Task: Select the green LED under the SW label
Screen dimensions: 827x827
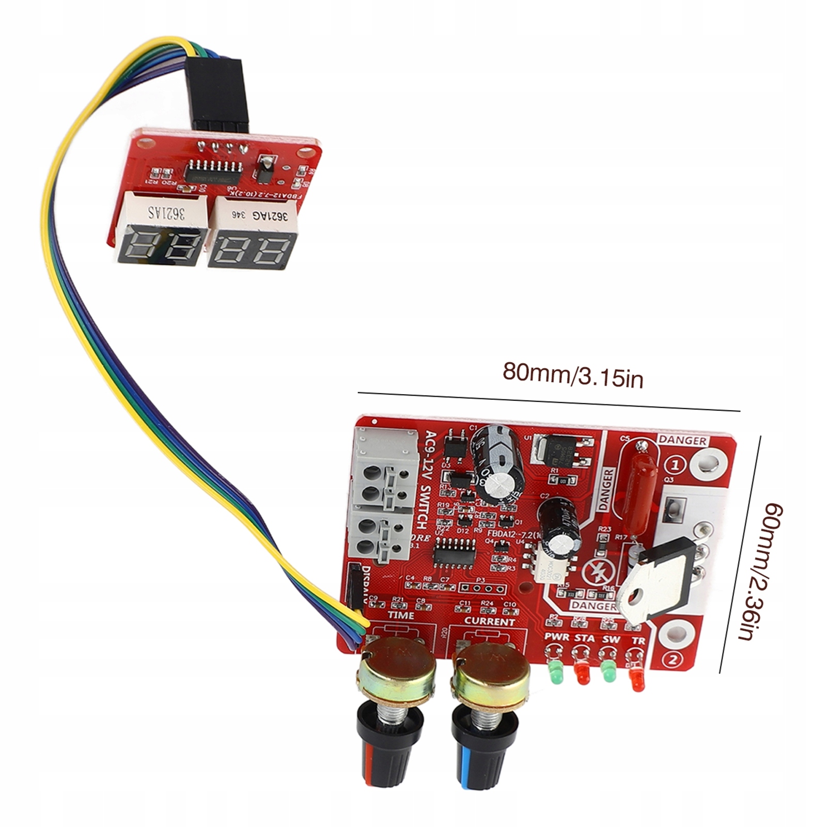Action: click(x=608, y=675)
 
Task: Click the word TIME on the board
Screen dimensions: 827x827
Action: click(x=401, y=615)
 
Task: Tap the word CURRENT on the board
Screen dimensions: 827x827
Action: click(x=489, y=621)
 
